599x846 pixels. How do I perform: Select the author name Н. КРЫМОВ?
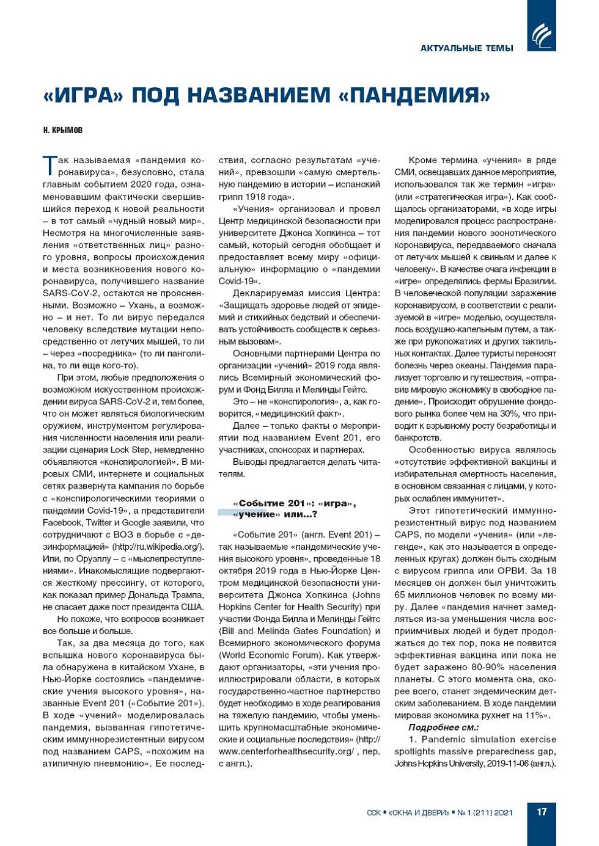click(63, 131)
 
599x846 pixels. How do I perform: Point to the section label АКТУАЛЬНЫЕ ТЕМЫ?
click(467, 48)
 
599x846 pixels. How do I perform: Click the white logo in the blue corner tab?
click(542, 35)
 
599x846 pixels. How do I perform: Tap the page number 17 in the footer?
click(542, 812)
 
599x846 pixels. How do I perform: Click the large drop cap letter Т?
click(50, 166)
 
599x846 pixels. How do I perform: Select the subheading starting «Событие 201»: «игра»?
click(294, 508)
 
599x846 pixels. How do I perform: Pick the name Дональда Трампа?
click(166, 595)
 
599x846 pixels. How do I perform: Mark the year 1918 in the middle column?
click(259, 197)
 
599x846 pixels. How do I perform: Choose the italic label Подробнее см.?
click(444, 727)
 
